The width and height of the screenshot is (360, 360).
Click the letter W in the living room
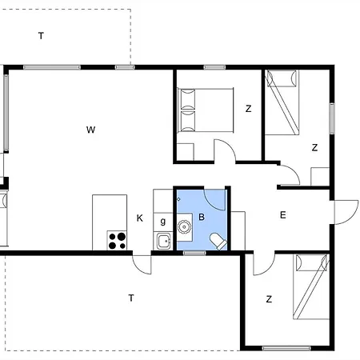(90, 130)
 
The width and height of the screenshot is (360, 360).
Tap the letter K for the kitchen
(140, 218)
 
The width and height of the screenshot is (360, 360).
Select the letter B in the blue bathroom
(202, 217)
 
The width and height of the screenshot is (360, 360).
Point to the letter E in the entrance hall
(283, 215)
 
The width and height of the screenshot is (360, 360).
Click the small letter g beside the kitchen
(163, 222)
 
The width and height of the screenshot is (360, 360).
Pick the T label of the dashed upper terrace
(41, 36)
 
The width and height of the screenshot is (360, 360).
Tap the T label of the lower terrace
(131, 298)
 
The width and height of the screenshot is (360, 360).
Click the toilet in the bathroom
(218, 242)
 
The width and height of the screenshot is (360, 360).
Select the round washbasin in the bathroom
(184, 227)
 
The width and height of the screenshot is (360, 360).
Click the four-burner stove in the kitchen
(117, 241)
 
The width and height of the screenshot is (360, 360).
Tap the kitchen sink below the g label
(163, 241)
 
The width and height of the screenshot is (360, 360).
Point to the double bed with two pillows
(206, 110)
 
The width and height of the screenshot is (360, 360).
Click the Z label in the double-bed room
(248, 109)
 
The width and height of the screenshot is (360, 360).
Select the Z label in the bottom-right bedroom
(269, 299)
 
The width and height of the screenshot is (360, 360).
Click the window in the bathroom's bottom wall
(194, 253)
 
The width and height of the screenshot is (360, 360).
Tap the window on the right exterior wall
(332, 118)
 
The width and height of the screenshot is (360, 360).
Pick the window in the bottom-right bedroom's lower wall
(286, 348)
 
